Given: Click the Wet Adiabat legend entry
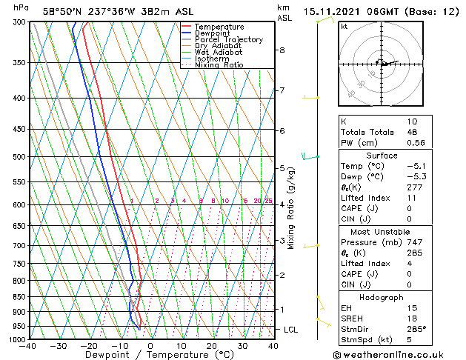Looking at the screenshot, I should click(x=219, y=53).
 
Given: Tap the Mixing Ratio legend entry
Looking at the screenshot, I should click(x=219, y=65).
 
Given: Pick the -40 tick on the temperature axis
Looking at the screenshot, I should click(x=28, y=346).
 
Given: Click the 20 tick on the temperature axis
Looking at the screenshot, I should click(x=212, y=346).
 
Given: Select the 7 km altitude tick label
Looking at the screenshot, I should click(x=282, y=90).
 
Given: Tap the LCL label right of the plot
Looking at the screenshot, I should click(x=291, y=329).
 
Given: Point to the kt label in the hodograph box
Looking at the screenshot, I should click(x=344, y=26).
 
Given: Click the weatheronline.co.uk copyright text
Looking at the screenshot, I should click(x=398, y=353).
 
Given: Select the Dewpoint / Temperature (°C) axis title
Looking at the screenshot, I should click(x=150, y=356).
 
